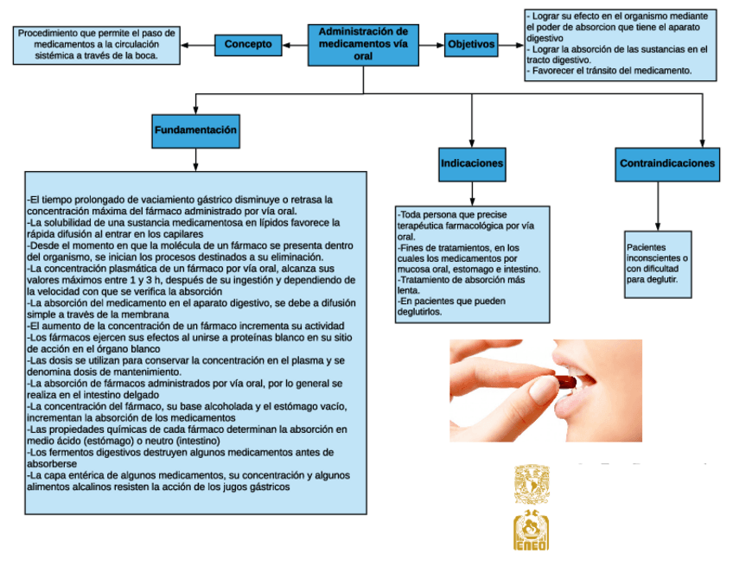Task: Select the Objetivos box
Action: tap(472, 44)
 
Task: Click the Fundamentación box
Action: tap(195, 130)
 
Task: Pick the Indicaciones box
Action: tap(472, 163)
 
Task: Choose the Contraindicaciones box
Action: tap(667, 163)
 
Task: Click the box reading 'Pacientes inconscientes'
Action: tap(659, 264)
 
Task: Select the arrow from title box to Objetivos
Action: tap(435, 44)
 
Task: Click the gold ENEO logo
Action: tap(532, 531)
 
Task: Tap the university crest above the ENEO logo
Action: tap(532, 483)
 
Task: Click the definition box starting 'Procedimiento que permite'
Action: tap(97, 44)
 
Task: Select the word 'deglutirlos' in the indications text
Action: tap(419, 312)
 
